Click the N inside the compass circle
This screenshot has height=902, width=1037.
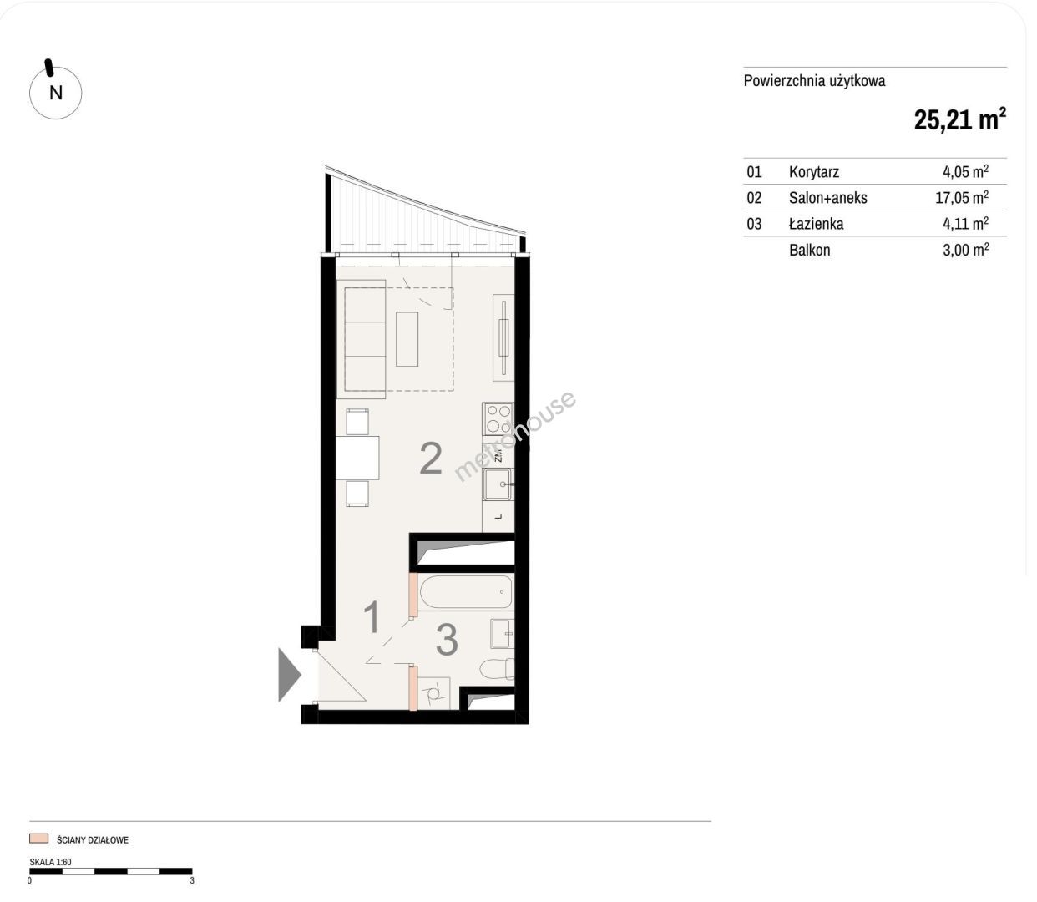point(56,93)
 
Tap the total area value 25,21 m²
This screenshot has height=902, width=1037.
point(960,119)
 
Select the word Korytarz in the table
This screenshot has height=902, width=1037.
point(814,172)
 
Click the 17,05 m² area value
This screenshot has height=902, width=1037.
point(962,197)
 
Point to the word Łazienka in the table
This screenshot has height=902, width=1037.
point(816,223)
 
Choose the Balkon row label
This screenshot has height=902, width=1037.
point(809,250)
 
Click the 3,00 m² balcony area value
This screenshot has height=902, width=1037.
point(965,250)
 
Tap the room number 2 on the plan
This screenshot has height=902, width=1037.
point(431,459)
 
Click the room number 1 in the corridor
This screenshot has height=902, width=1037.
point(372,616)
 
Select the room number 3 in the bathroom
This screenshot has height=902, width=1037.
point(447,640)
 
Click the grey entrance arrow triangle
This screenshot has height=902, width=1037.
point(290,675)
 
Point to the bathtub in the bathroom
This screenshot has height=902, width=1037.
point(466,591)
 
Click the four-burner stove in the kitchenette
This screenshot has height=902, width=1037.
point(498,419)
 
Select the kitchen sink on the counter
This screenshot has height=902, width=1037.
point(498,484)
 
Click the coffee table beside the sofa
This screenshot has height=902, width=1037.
point(407,339)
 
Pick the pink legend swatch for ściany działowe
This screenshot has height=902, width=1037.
point(39,839)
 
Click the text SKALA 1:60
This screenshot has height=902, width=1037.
point(50,861)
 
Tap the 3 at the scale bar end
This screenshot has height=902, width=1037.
point(192,881)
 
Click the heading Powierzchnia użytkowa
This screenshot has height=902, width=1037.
point(814,81)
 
